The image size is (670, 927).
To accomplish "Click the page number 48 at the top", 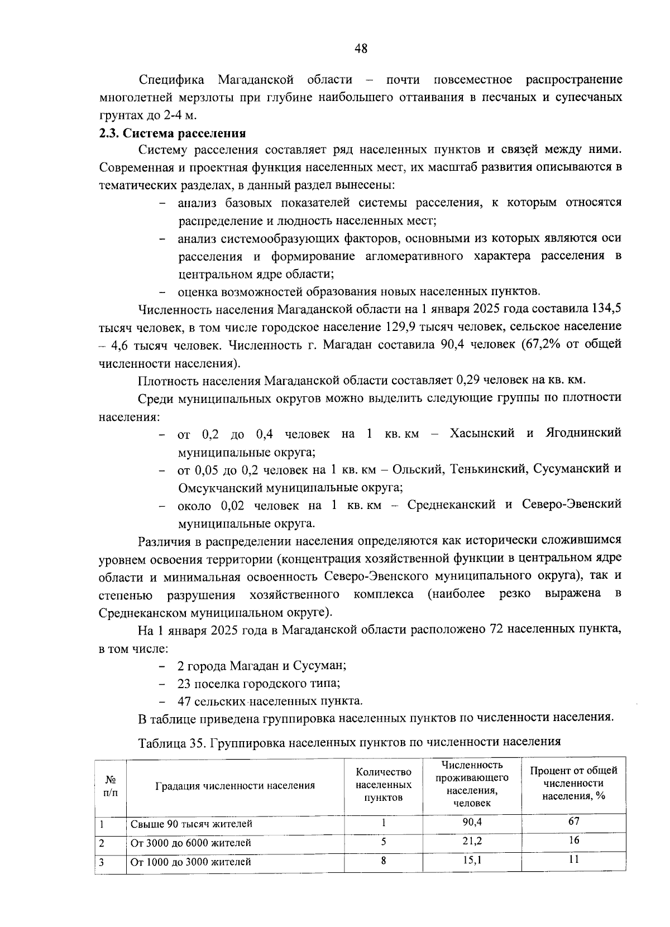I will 361,49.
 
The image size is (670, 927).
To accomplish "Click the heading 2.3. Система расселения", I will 172,133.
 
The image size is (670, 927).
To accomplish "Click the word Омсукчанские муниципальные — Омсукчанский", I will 220,487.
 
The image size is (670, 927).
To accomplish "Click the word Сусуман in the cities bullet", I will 323,666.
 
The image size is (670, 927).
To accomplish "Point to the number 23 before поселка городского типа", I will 184,683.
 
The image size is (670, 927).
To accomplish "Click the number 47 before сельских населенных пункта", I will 184,701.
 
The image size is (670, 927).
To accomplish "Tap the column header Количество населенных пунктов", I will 383,784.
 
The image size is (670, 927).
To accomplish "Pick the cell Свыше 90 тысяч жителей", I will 191,824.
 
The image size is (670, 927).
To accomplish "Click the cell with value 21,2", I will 472,841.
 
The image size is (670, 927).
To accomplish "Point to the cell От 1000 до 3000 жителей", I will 190,862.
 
